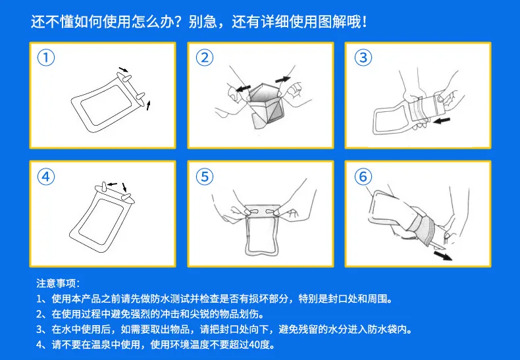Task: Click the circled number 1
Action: click(46, 58)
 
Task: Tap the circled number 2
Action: click(205, 58)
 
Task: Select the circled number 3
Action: click(363, 58)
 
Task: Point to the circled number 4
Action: click(46, 176)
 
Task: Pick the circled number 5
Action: click(205, 176)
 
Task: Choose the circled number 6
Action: click(363, 176)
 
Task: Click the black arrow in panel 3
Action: click(442, 120)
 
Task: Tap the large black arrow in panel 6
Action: click(443, 255)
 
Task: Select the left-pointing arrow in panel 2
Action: click(243, 88)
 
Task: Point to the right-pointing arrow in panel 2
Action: click(283, 80)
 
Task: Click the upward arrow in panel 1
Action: click(149, 105)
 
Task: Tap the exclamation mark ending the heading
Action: click(365, 22)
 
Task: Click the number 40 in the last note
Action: click(254, 345)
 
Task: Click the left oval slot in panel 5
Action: click(252, 211)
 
